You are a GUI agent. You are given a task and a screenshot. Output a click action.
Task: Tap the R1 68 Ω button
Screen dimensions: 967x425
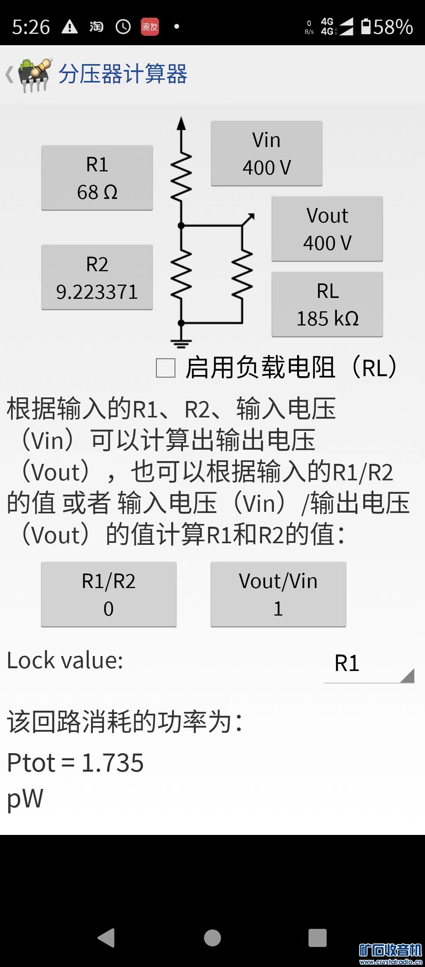(97, 178)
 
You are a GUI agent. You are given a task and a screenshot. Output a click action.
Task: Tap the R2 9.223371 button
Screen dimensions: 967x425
(97, 277)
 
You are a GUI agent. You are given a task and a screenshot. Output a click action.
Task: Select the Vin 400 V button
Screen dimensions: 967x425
(266, 153)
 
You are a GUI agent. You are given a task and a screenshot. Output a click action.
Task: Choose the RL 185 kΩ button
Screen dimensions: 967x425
(327, 304)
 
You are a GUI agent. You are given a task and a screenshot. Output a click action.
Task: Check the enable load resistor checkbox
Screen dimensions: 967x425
(166, 368)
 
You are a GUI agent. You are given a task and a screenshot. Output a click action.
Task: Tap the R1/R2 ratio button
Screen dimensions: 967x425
(109, 594)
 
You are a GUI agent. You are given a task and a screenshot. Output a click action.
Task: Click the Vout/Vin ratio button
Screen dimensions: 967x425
(278, 594)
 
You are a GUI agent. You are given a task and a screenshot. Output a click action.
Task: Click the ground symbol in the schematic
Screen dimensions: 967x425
(181, 344)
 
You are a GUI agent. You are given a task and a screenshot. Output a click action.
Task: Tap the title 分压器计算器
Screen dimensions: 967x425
(123, 74)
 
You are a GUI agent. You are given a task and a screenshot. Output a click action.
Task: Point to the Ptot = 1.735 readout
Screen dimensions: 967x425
(76, 763)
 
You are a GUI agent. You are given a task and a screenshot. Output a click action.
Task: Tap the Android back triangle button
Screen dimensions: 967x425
(106, 938)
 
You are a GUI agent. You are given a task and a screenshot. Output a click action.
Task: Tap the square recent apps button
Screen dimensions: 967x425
(318, 938)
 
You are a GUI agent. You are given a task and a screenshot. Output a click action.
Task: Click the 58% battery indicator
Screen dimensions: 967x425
(387, 27)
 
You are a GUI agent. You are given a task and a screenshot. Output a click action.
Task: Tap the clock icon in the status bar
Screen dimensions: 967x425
(123, 27)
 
